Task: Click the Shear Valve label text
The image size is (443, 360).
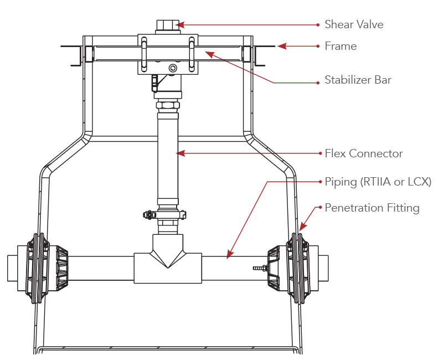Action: tap(354, 24)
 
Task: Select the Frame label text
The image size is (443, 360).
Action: tap(341, 46)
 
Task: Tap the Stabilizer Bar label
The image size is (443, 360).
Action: tap(358, 80)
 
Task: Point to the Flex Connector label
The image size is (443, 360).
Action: tap(363, 153)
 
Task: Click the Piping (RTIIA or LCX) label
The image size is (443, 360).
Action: tap(378, 182)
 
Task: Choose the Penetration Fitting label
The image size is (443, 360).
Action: tap(372, 208)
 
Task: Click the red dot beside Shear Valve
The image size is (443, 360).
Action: tap(318, 24)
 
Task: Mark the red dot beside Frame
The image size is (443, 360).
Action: tap(318, 46)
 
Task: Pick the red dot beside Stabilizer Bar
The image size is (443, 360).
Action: tap(318, 83)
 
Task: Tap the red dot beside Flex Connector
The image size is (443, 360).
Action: tap(318, 153)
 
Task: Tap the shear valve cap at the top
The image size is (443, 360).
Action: tap(164, 25)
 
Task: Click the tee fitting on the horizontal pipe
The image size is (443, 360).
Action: tap(167, 266)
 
